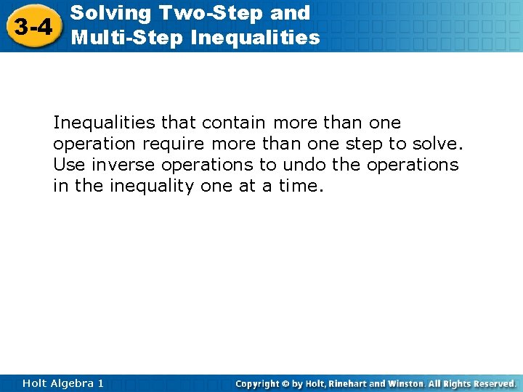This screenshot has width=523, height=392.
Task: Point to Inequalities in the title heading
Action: (x=255, y=37)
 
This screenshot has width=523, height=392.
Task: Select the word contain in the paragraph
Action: (x=235, y=123)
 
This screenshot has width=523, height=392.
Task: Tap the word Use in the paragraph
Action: (x=69, y=165)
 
